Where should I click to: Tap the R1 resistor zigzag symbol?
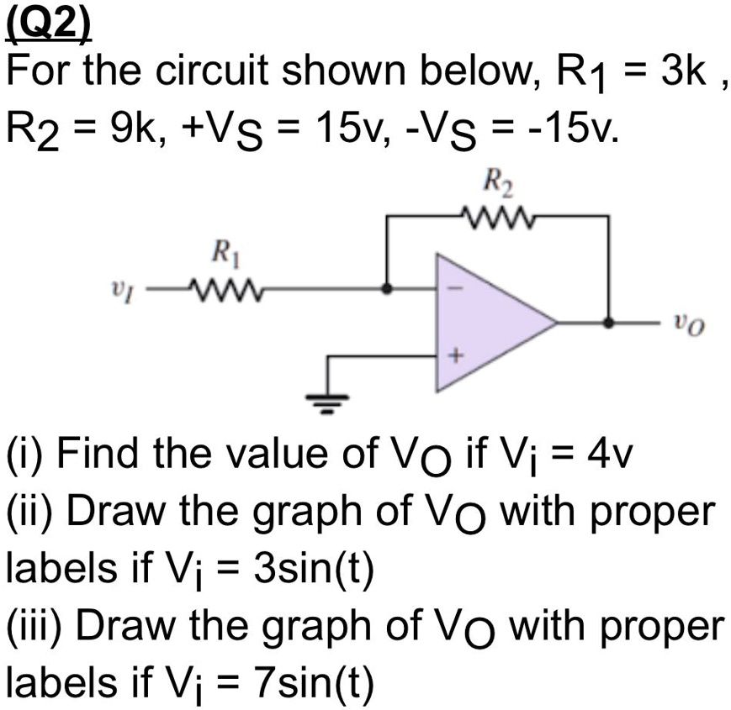[225, 288]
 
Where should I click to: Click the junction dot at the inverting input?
[386, 288]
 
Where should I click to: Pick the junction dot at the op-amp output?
[608, 321]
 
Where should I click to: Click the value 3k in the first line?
[673, 76]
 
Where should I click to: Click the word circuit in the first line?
[226, 76]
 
